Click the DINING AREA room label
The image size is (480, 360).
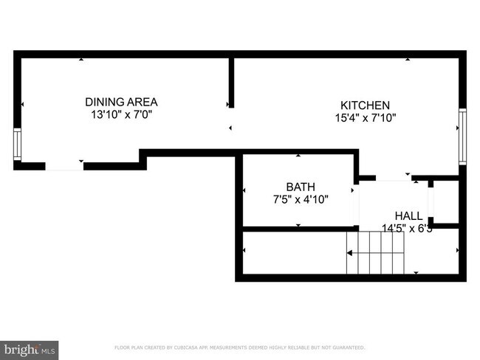click(121, 102)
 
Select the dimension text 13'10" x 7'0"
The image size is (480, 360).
click(121, 115)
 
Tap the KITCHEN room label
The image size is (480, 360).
click(364, 105)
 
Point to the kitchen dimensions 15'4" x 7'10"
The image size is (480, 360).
click(364, 118)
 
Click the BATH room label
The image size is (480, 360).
click(301, 186)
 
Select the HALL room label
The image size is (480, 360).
click(408, 215)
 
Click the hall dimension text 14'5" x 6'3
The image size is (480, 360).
click(406, 229)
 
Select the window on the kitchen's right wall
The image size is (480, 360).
click(463, 136)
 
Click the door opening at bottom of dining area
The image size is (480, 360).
click(64, 166)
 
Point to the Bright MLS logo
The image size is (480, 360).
click(30, 348)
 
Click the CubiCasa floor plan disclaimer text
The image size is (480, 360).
click(239, 347)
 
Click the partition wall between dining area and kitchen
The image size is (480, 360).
click(231, 81)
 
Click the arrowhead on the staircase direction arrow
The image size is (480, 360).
click(351, 252)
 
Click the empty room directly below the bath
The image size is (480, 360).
click(295, 252)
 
